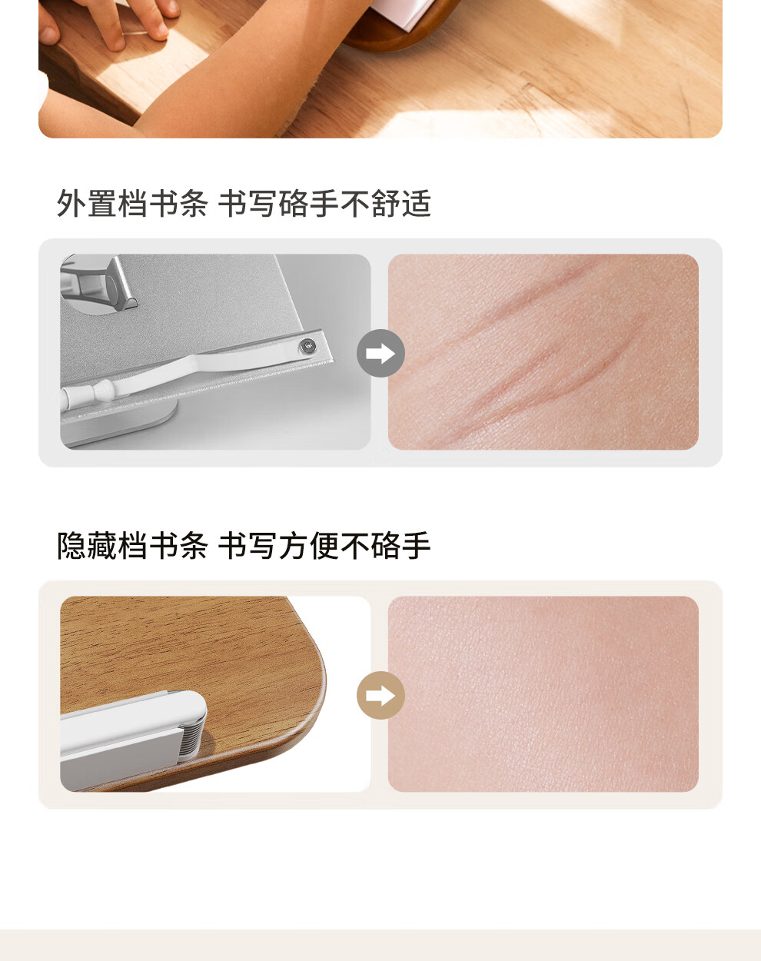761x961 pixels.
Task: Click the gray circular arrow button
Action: point(380,353)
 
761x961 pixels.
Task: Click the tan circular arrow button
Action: point(380,695)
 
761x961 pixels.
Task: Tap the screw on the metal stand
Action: point(307,345)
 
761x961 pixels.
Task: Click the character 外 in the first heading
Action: point(71,204)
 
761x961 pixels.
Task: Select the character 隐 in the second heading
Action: point(71,545)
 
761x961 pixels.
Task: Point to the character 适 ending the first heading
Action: point(416,204)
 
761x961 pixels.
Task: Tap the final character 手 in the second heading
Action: point(416,545)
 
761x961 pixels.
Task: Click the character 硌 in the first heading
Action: point(294,204)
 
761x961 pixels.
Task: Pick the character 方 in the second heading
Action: point(294,545)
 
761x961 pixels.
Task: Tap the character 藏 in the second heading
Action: point(101,545)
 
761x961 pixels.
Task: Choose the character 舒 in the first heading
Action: point(386,204)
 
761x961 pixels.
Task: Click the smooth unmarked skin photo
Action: point(543,694)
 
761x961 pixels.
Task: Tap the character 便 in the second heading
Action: point(324,545)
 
